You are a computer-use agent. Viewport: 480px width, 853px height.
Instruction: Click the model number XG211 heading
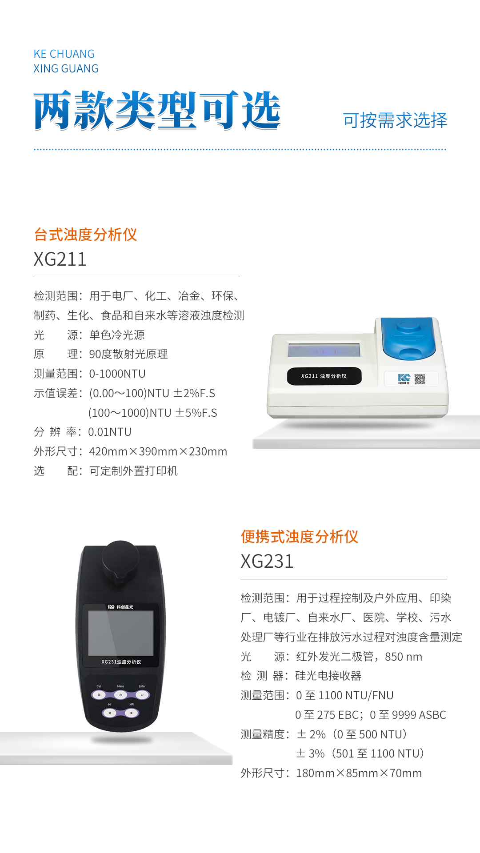60,259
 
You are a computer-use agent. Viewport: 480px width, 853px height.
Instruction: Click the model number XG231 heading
267,561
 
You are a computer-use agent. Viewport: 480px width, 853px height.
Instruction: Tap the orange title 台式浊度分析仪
85,235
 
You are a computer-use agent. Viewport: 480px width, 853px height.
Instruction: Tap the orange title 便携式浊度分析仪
300,537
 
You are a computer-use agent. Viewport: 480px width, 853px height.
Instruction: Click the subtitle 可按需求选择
395,120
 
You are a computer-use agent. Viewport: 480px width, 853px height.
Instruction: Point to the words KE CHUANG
64,54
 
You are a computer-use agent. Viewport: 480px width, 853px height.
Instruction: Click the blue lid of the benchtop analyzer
408,338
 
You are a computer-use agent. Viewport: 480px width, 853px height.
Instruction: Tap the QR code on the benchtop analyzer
420,379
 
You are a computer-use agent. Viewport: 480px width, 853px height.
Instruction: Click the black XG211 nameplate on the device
324,376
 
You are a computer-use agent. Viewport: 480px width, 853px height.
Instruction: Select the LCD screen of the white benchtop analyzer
324,350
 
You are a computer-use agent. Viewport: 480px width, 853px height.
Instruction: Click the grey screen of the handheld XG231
121,633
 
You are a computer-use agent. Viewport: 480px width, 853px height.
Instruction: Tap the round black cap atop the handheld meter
120,561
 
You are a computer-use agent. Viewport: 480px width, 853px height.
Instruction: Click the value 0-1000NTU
117,374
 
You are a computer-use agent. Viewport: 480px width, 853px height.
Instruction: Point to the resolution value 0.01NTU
110,432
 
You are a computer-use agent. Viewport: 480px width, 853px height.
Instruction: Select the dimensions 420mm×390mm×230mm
158,451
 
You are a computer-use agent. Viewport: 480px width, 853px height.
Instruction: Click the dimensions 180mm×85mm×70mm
359,773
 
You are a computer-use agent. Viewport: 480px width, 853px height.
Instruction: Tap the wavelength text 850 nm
404,657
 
